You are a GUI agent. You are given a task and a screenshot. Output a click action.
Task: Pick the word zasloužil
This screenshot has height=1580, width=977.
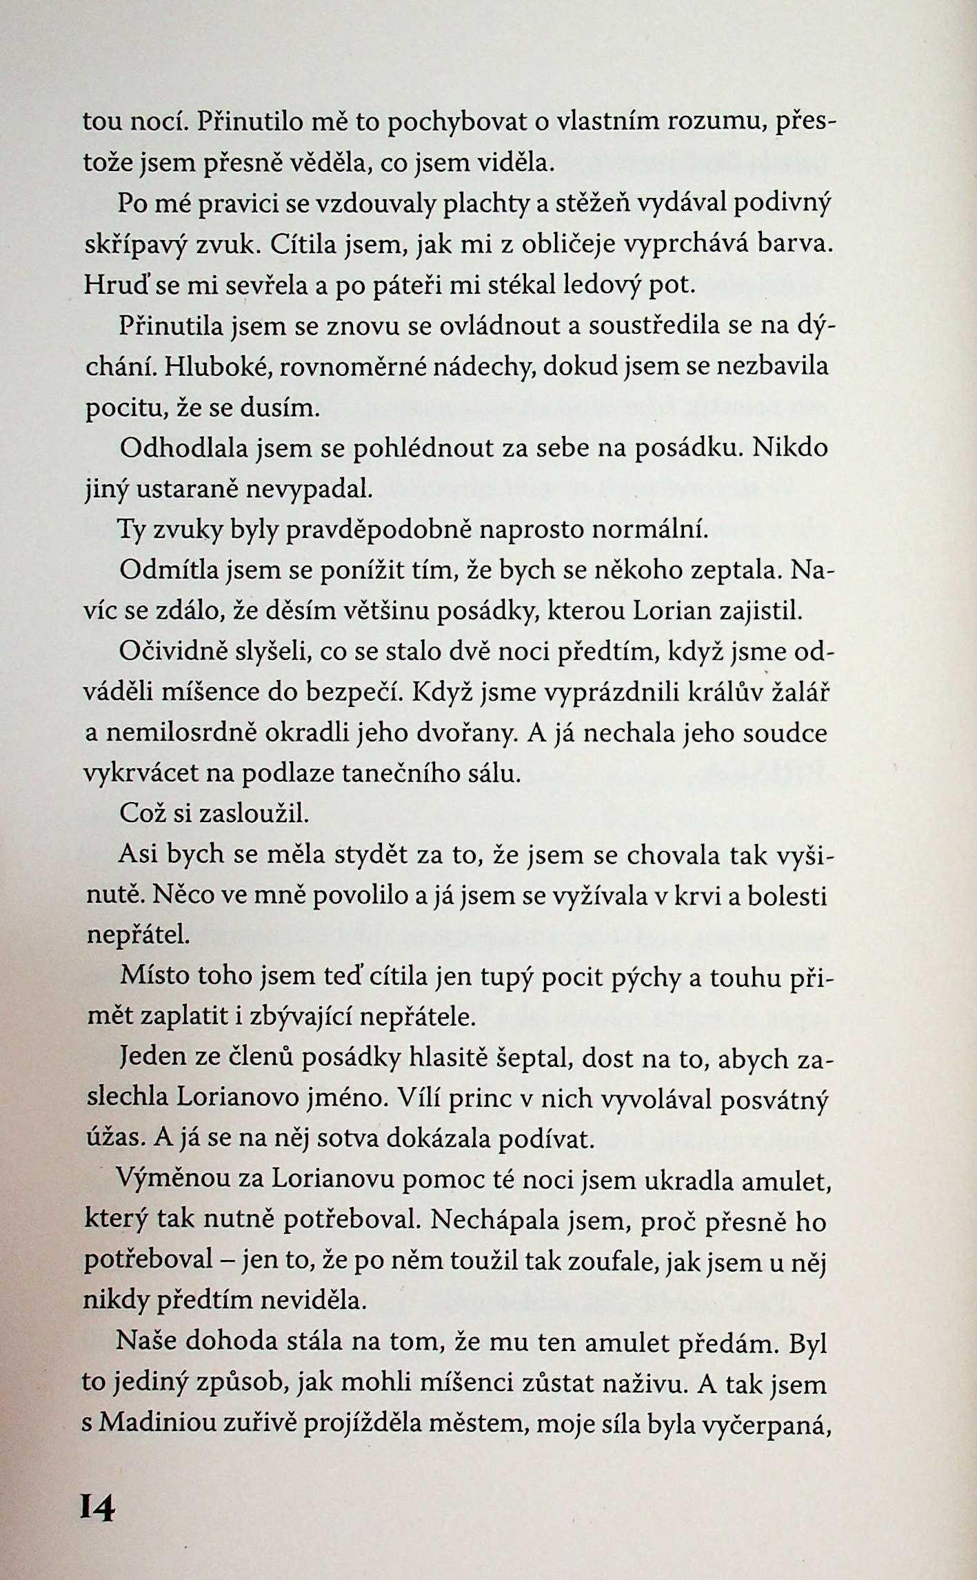point(254,814)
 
